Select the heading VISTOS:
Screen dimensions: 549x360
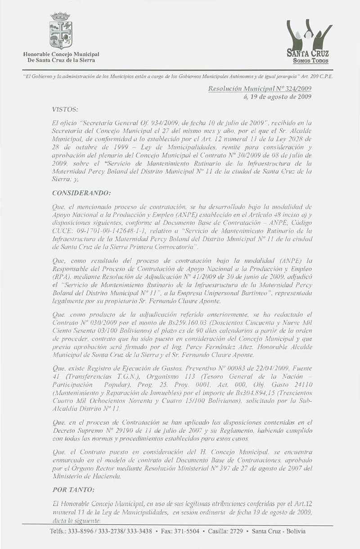click(65, 109)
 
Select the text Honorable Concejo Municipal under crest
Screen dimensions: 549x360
click(62, 54)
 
